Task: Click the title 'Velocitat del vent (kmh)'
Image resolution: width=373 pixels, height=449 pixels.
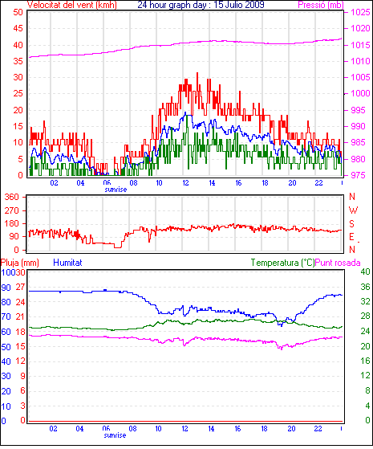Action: coord(72,5)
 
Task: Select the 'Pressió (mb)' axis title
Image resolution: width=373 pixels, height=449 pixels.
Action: coord(321,5)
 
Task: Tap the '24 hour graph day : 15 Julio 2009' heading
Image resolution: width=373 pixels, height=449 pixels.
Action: coord(201,5)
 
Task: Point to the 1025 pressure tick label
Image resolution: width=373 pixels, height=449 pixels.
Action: coord(361,12)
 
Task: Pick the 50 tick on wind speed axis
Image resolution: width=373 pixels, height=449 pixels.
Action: coord(18,12)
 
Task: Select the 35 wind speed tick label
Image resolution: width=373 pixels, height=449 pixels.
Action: coord(18,61)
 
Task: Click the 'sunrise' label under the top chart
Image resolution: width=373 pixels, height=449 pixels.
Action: coord(116,190)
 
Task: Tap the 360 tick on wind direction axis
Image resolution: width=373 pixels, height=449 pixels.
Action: coord(11,197)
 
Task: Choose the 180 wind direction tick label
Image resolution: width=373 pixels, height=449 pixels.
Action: coord(11,223)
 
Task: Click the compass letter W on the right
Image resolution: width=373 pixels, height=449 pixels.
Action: coord(353,210)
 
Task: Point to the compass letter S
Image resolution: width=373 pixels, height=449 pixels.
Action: coord(352,223)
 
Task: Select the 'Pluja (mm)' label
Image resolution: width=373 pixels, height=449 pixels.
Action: coord(20,263)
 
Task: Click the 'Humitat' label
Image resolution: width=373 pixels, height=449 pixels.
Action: coord(68,263)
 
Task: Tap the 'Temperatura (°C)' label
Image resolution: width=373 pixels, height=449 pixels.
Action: coord(282,263)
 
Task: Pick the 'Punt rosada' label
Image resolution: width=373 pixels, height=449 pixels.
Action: coord(338,263)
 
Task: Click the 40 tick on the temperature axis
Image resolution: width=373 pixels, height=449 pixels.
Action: coord(365,271)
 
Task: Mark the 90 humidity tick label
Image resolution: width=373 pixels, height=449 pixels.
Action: coord(6,288)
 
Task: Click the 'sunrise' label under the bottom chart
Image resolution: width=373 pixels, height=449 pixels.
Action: coord(115,435)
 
